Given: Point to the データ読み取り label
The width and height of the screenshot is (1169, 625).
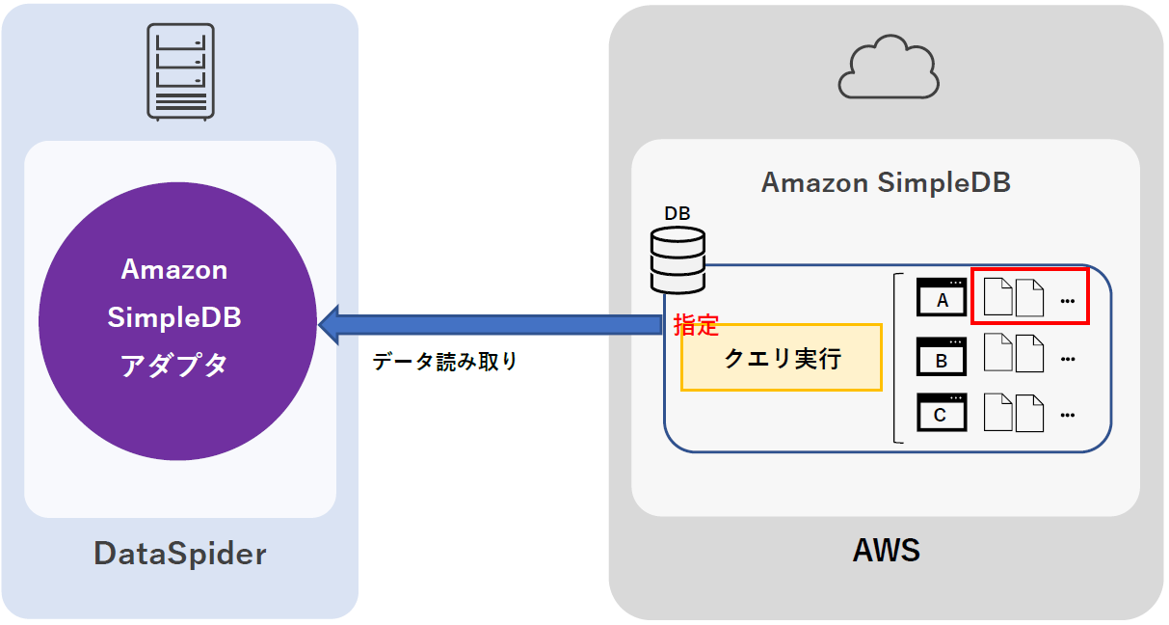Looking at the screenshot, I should [445, 363].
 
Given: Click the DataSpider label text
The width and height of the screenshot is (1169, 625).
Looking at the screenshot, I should [179, 554].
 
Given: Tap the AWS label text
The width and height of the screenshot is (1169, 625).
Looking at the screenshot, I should [886, 551].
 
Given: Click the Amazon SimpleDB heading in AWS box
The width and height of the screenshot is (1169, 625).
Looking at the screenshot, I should [886, 182].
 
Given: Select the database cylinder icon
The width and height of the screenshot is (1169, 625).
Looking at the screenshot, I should [677, 259].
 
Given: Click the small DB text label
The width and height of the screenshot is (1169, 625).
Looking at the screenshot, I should [677, 213].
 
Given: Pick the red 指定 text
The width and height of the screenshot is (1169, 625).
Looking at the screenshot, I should [696, 325].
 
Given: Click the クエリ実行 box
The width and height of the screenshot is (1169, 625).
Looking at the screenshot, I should [782, 358].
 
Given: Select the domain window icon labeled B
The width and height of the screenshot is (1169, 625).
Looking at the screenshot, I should [942, 357].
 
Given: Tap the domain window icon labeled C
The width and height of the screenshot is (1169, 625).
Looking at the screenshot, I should [942, 413].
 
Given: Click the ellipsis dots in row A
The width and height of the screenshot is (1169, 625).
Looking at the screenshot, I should [1067, 301].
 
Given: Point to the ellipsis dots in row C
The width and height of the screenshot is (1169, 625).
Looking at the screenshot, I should [1067, 415].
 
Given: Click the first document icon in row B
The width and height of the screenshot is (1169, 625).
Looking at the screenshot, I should [997, 354].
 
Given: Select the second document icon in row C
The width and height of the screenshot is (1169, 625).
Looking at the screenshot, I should [1030, 413].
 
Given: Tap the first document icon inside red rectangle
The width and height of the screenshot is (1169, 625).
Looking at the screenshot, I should [997, 297].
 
